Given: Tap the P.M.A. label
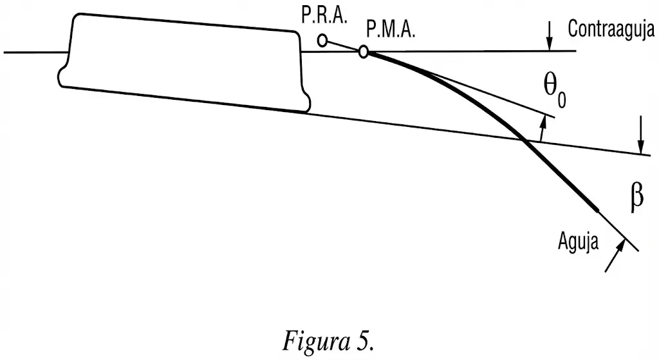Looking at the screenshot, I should pyautogui.click(x=390, y=30).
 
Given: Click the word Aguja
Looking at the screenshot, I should pyautogui.click(x=578, y=243).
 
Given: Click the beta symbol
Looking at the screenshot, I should pyautogui.click(x=636, y=198).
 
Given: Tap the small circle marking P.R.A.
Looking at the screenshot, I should pyautogui.click(x=322, y=41).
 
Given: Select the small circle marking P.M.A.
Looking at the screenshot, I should pyautogui.click(x=364, y=52).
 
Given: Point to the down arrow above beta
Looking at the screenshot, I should pyautogui.click(x=641, y=146).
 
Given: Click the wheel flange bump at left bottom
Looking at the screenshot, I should pyautogui.click(x=63, y=75).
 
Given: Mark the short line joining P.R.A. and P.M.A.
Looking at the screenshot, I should pyautogui.click(x=343, y=46).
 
